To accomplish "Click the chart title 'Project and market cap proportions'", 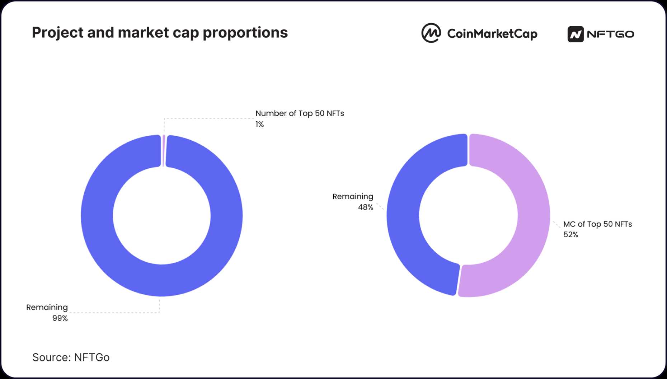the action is point(160,33).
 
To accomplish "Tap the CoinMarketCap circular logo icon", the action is point(431,33).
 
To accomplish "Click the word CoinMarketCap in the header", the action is point(492,34).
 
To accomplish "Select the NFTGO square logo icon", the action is point(576,34).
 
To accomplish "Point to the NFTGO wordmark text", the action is point(611,34).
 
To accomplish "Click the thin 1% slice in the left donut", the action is point(164,151).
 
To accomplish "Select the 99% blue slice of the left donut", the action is point(97,215).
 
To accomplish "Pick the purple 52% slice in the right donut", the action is point(534,215).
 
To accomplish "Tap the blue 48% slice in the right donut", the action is point(403,215).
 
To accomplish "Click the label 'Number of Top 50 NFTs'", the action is point(300,113).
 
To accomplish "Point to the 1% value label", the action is point(260,124).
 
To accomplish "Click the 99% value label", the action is point(60,318).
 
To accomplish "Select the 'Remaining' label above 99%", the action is point(47,308).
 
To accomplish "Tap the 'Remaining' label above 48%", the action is point(353,197).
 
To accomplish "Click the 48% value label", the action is point(366,207).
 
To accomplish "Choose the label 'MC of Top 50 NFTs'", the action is point(597,224).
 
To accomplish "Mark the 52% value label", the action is point(570,235).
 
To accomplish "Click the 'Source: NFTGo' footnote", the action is point(71,357).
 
